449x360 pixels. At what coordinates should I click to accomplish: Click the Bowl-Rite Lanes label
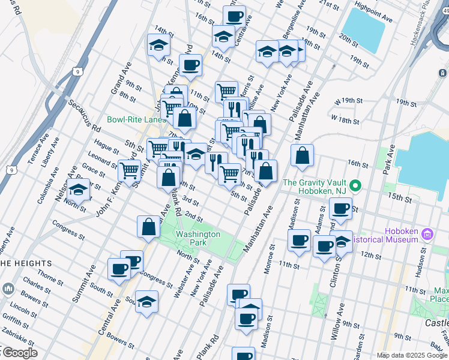(136, 119)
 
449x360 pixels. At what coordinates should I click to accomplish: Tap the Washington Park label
(198, 238)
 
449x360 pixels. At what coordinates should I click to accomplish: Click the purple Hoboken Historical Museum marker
(427, 233)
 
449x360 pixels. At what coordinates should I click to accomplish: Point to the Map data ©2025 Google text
(412, 355)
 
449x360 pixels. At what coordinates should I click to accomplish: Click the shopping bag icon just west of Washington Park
(148, 227)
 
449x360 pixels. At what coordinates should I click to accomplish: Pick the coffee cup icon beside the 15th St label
(340, 209)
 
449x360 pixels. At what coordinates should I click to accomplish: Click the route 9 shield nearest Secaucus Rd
(78, 71)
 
